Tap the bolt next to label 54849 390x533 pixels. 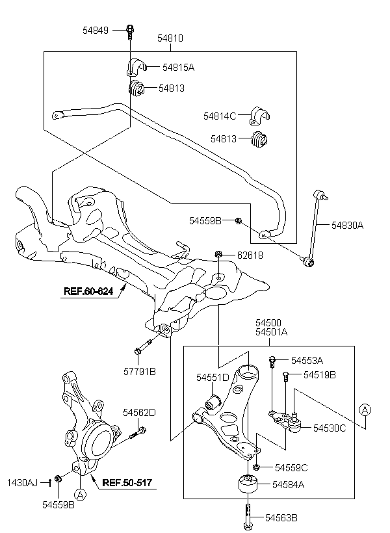130,30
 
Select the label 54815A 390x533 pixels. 179,67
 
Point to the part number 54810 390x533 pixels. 170,39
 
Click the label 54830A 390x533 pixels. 347,225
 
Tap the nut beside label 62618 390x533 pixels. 219,253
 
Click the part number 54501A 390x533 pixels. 272,332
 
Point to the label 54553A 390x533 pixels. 307,360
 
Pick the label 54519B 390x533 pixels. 320,375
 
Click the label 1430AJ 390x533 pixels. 23,482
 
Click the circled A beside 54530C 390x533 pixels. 365,409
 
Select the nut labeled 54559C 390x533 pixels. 257,467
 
